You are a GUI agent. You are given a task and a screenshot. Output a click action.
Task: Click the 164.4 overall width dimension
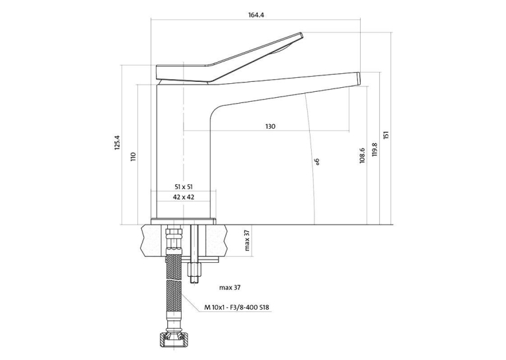(256, 15)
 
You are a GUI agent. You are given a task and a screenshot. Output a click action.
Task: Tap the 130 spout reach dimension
(270, 126)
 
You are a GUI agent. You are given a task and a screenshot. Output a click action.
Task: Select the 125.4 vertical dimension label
(117, 142)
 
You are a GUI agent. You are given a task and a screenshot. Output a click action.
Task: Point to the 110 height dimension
(133, 157)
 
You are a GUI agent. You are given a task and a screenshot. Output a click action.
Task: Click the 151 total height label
(386, 135)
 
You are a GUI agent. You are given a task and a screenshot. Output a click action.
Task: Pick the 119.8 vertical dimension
(375, 150)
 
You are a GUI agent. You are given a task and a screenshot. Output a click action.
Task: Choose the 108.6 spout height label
(362, 155)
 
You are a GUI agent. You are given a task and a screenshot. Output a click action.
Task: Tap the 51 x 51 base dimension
(184, 186)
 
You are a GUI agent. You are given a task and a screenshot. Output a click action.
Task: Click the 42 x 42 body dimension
(184, 197)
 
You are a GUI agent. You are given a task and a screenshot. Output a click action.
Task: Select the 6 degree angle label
(317, 161)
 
